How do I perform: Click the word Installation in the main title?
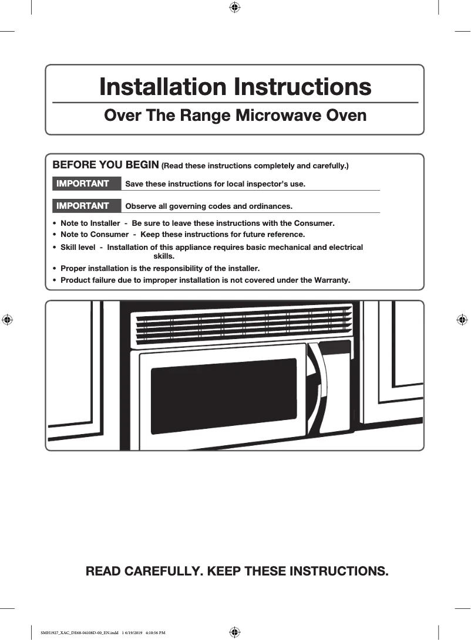pyautogui.click(x=164, y=87)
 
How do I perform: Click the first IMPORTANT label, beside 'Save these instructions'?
pyautogui.click(x=83, y=184)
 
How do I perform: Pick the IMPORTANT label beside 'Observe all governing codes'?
pyautogui.click(x=83, y=206)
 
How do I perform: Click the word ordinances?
pyautogui.click(x=270, y=206)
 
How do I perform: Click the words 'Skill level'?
pyautogui.click(x=78, y=248)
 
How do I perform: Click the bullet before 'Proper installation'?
pyautogui.click(x=55, y=269)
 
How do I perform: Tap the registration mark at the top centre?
pyautogui.click(x=234, y=7)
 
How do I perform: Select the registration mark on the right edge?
pyautogui.click(x=462, y=320)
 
